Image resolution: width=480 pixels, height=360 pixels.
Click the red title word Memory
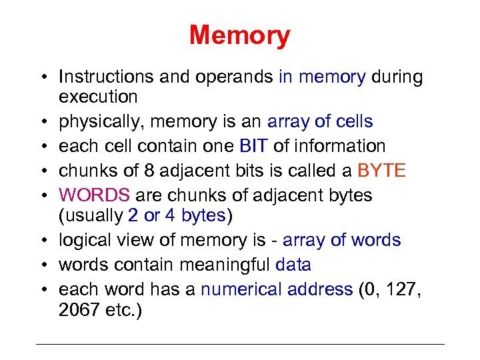click(239, 35)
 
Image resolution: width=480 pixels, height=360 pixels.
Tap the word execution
click(98, 97)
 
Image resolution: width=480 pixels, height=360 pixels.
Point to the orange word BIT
click(253, 146)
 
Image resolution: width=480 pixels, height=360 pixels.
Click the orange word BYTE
click(381, 171)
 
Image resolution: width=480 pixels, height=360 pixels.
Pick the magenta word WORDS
click(94, 195)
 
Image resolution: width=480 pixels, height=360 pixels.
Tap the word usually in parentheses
click(93, 215)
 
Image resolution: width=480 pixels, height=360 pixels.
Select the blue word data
click(293, 265)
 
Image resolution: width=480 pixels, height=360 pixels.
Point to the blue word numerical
click(240, 289)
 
